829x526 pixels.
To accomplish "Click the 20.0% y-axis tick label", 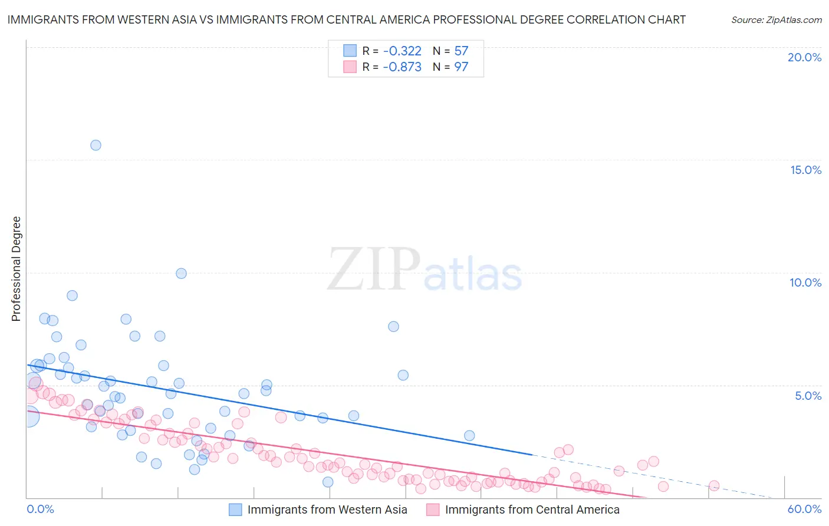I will pyautogui.click(x=804, y=57).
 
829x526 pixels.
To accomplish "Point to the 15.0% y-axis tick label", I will pyautogui.click(x=805, y=170).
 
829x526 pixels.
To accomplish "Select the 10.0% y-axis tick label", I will pyautogui.click(x=805, y=282).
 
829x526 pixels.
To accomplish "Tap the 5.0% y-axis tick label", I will pyautogui.click(x=808, y=396).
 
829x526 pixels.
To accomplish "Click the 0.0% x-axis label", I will pyautogui.click(x=40, y=509).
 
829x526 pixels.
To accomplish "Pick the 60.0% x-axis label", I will pyautogui.click(x=804, y=509).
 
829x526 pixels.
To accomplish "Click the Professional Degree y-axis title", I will pyautogui.click(x=16, y=269).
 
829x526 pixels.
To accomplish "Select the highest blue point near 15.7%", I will pyautogui.click(x=96, y=145).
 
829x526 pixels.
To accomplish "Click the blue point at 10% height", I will pyautogui.click(x=181, y=274).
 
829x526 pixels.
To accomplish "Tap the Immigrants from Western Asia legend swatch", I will pyautogui.click(x=235, y=509).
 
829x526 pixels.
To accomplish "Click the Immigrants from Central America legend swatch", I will pyautogui.click(x=433, y=509).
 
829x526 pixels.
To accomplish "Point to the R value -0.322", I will pyautogui.click(x=402, y=51).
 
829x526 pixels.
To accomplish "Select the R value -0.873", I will pyautogui.click(x=402, y=67).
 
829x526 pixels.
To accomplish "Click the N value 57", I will pyautogui.click(x=461, y=51).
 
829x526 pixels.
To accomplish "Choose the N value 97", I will pyautogui.click(x=461, y=67).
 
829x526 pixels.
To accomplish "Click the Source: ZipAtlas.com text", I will pyautogui.click(x=776, y=20).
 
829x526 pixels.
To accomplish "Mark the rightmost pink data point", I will pyautogui.click(x=713, y=486).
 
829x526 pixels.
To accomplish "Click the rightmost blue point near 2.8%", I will pyautogui.click(x=469, y=436).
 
